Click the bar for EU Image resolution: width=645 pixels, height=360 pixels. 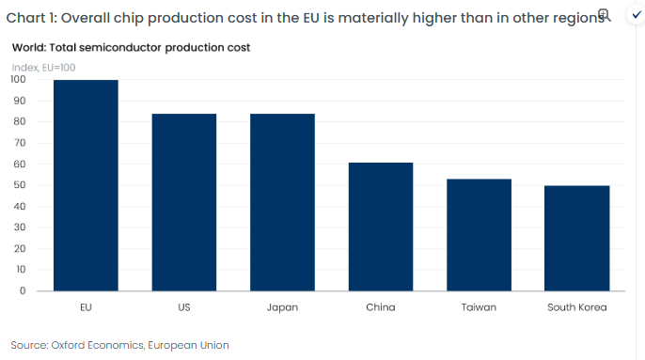[x=86, y=185]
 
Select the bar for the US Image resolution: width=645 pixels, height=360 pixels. [x=184, y=202]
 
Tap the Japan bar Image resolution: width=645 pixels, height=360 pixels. [x=282, y=202]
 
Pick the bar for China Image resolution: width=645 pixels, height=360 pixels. [x=381, y=227]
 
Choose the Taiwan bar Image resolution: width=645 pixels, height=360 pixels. [x=479, y=235]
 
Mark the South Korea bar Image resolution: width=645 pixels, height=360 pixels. [x=576, y=238]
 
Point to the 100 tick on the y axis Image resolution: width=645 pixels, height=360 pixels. [x=18, y=79]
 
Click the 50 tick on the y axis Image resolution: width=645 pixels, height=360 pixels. [x=20, y=185]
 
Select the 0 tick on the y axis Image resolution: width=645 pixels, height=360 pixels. [x=23, y=290]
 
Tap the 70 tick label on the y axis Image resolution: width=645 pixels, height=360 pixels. [x=20, y=142]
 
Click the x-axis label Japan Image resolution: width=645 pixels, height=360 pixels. [x=282, y=307]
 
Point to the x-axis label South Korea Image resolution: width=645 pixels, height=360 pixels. [x=576, y=307]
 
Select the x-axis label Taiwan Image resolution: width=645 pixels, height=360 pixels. [x=479, y=307]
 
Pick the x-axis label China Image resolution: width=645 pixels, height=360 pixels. [x=381, y=307]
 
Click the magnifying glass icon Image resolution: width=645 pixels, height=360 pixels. [x=604, y=15]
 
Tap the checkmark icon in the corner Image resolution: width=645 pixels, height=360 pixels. [x=637, y=15]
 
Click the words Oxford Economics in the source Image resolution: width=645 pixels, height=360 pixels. [x=97, y=345]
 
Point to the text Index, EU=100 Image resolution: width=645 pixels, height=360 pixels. [x=43, y=68]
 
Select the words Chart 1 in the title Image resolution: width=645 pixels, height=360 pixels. [x=31, y=18]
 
